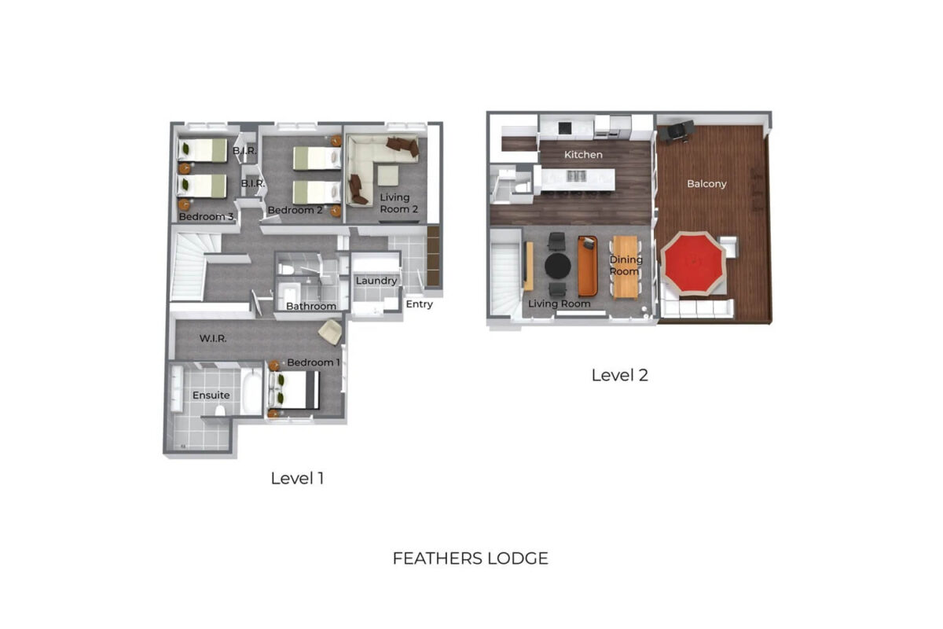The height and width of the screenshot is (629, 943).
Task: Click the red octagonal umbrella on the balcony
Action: click(x=693, y=263)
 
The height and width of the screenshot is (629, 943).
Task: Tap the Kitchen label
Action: click(x=583, y=155)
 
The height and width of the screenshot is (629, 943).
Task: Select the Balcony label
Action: click(x=706, y=184)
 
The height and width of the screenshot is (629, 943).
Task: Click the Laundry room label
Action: click(x=376, y=281)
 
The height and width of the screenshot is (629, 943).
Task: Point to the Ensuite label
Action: click(x=211, y=395)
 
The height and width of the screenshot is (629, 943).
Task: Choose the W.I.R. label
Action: click(x=213, y=338)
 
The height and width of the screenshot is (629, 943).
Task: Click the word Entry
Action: click(x=420, y=304)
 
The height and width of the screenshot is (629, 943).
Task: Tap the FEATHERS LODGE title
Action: click(x=470, y=559)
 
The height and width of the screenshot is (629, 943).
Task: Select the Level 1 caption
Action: click(x=297, y=478)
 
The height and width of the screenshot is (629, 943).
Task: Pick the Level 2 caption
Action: click(x=619, y=375)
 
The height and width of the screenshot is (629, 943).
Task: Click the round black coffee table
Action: click(x=558, y=266)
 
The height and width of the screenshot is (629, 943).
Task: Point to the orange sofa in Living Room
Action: click(x=588, y=266)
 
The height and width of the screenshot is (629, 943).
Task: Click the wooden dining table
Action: click(x=626, y=267)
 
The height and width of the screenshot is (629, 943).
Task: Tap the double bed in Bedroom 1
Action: click(x=294, y=390)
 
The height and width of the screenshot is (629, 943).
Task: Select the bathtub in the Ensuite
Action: click(x=251, y=392)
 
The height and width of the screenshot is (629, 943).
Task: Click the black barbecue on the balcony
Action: click(x=676, y=131)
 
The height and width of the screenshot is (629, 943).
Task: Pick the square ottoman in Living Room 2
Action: click(x=387, y=175)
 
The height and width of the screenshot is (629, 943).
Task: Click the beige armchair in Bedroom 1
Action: click(x=331, y=332)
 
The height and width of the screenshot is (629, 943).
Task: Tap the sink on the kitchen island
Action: click(x=576, y=175)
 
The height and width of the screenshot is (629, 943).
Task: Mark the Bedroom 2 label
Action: click(x=295, y=210)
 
